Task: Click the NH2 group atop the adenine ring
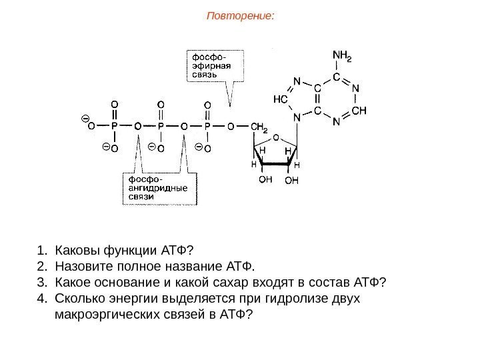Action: point(341,57)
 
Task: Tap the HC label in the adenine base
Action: point(281,99)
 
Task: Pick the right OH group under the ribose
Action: point(292,179)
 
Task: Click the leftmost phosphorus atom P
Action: point(114,125)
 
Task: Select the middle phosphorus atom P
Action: point(161,125)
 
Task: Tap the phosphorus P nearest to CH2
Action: point(207,125)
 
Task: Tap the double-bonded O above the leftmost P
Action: point(114,104)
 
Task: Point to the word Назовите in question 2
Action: point(80,267)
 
